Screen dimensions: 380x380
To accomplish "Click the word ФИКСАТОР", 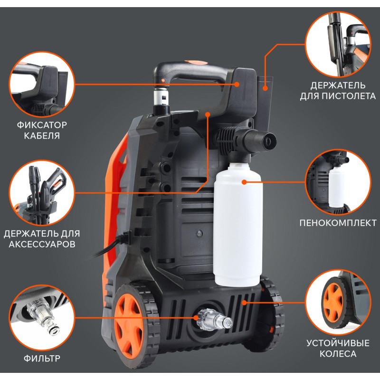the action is [42, 125].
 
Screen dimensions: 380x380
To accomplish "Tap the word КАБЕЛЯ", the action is [42, 136].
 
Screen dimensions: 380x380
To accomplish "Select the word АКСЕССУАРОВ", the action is [42, 244].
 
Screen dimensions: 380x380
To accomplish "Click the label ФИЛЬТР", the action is [42, 358].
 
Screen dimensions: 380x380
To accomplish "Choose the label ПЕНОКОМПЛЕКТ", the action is [338, 223].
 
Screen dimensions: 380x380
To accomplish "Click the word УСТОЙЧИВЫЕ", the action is [338, 343].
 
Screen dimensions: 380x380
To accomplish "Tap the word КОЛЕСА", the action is [338, 354].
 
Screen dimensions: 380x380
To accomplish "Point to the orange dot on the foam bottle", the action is [244, 182].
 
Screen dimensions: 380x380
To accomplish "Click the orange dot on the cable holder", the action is [237, 84].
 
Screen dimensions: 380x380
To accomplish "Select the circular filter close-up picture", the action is [42, 317].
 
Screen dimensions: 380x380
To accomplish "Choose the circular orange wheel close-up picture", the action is [338, 303].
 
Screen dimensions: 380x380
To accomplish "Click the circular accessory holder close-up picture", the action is [42, 193].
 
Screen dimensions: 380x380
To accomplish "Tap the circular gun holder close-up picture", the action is [338, 44].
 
